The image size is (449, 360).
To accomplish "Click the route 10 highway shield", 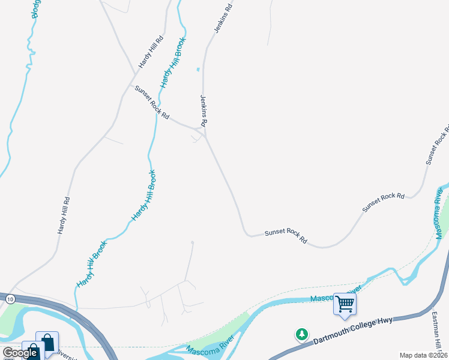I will pyautogui.click(x=10, y=298).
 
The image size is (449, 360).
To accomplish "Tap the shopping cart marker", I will pyautogui.click(x=345, y=304).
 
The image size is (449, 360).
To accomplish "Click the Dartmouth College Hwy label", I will pyautogui.click(x=352, y=331).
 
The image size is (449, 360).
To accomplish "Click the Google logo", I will pyautogui.click(x=19, y=353).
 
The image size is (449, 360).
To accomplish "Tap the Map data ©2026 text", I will pyautogui.click(x=423, y=355).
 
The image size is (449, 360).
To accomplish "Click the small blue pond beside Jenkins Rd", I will pyautogui.click(x=197, y=70).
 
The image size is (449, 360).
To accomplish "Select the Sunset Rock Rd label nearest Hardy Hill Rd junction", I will pyautogui.click(x=152, y=102).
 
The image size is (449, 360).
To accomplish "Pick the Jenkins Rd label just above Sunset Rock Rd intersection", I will pyautogui.click(x=203, y=110).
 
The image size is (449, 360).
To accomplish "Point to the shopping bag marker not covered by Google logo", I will pyautogui.click(x=47, y=343).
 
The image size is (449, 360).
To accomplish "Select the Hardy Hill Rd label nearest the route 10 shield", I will pyautogui.click(x=63, y=215).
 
